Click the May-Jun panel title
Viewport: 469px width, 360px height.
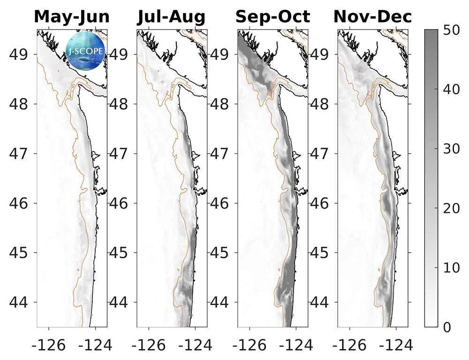tap(72, 17)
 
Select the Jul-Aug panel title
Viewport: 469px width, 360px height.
tap(171, 17)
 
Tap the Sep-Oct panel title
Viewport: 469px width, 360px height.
tap(272, 17)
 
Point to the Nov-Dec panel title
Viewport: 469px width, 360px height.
tap(373, 17)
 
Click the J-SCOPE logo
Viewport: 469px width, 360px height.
tap(86, 50)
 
